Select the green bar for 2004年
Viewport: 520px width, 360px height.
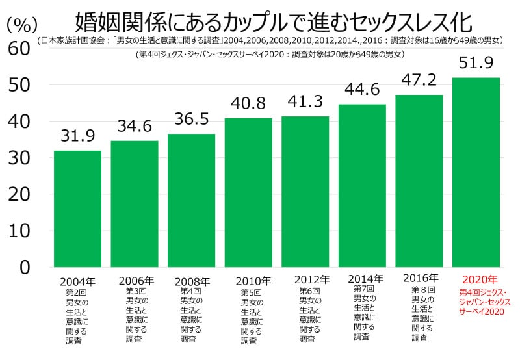(x=77, y=209)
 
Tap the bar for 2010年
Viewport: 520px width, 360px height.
(x=248, y=192)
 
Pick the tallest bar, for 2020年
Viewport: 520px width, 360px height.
(x=476, y=172)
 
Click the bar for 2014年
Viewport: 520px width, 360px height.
(x=362, y=185)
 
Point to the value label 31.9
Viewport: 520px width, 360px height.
(x=77, y=136)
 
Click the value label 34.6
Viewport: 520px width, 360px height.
(x=134, y=127)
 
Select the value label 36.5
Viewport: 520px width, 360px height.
(x=191, y=120)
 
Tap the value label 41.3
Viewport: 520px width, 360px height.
(x=305, y=102)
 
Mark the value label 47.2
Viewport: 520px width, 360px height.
(x=419, y=81)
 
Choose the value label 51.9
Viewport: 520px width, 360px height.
(x=476, y=63)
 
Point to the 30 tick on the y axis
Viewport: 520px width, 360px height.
(x=19, y=158)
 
